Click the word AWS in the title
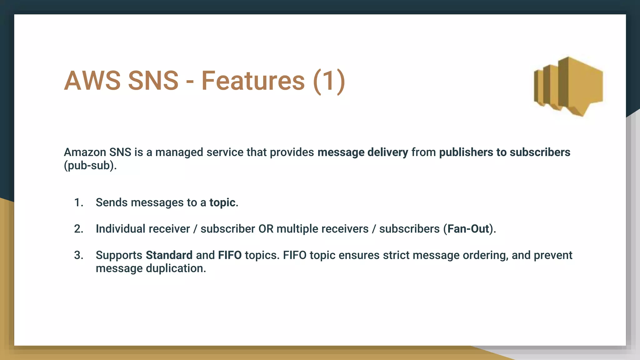click(92, 81)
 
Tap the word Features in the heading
click(253, 81)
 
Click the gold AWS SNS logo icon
click(568, 86)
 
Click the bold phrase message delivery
click(362, 152)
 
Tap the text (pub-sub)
click(90, 165)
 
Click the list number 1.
click(78, 202)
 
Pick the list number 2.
click(78, 229)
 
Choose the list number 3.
click(78, 255)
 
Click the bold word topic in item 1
click(222, 202)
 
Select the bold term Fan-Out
click(468, 229)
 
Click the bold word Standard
click(169, 255)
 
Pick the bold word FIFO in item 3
click(230, 255)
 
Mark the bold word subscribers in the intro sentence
click(540, 152)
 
